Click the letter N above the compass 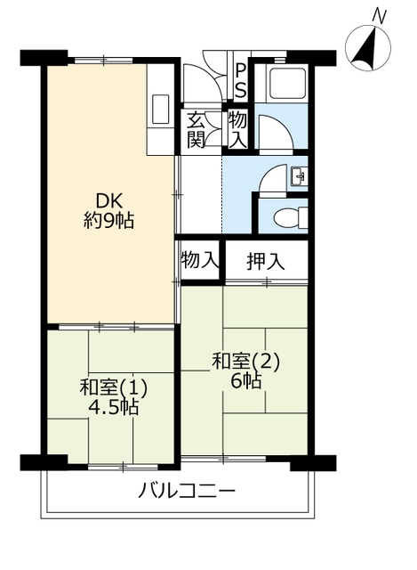pyautogui.click(x=380, y=17)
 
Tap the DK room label pyautogui.click(x=108, y=201)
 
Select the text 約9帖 pyautogui.click(x=108, y=220)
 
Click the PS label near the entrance pyautogui.click(x=240, y=81)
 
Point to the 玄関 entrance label pyautogui.click(x=196, y=130)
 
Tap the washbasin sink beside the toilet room pyautogui.click(x=299, y=176)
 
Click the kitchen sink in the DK pyautogui.click(x=160, y=109)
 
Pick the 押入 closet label pyautogui.click(x=265, y=262)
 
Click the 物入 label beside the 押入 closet pyautogui.click(x=200, y=260)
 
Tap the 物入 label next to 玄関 pyautogui.click(x=237, y=130)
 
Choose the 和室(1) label pyautogui.click(x=114, y=388)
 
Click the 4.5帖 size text pyautogui.click(x=114, y=407)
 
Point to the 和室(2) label pyautogui.click(x=246, y=362)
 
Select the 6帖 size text pyautogui.click(x=246, y=381)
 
